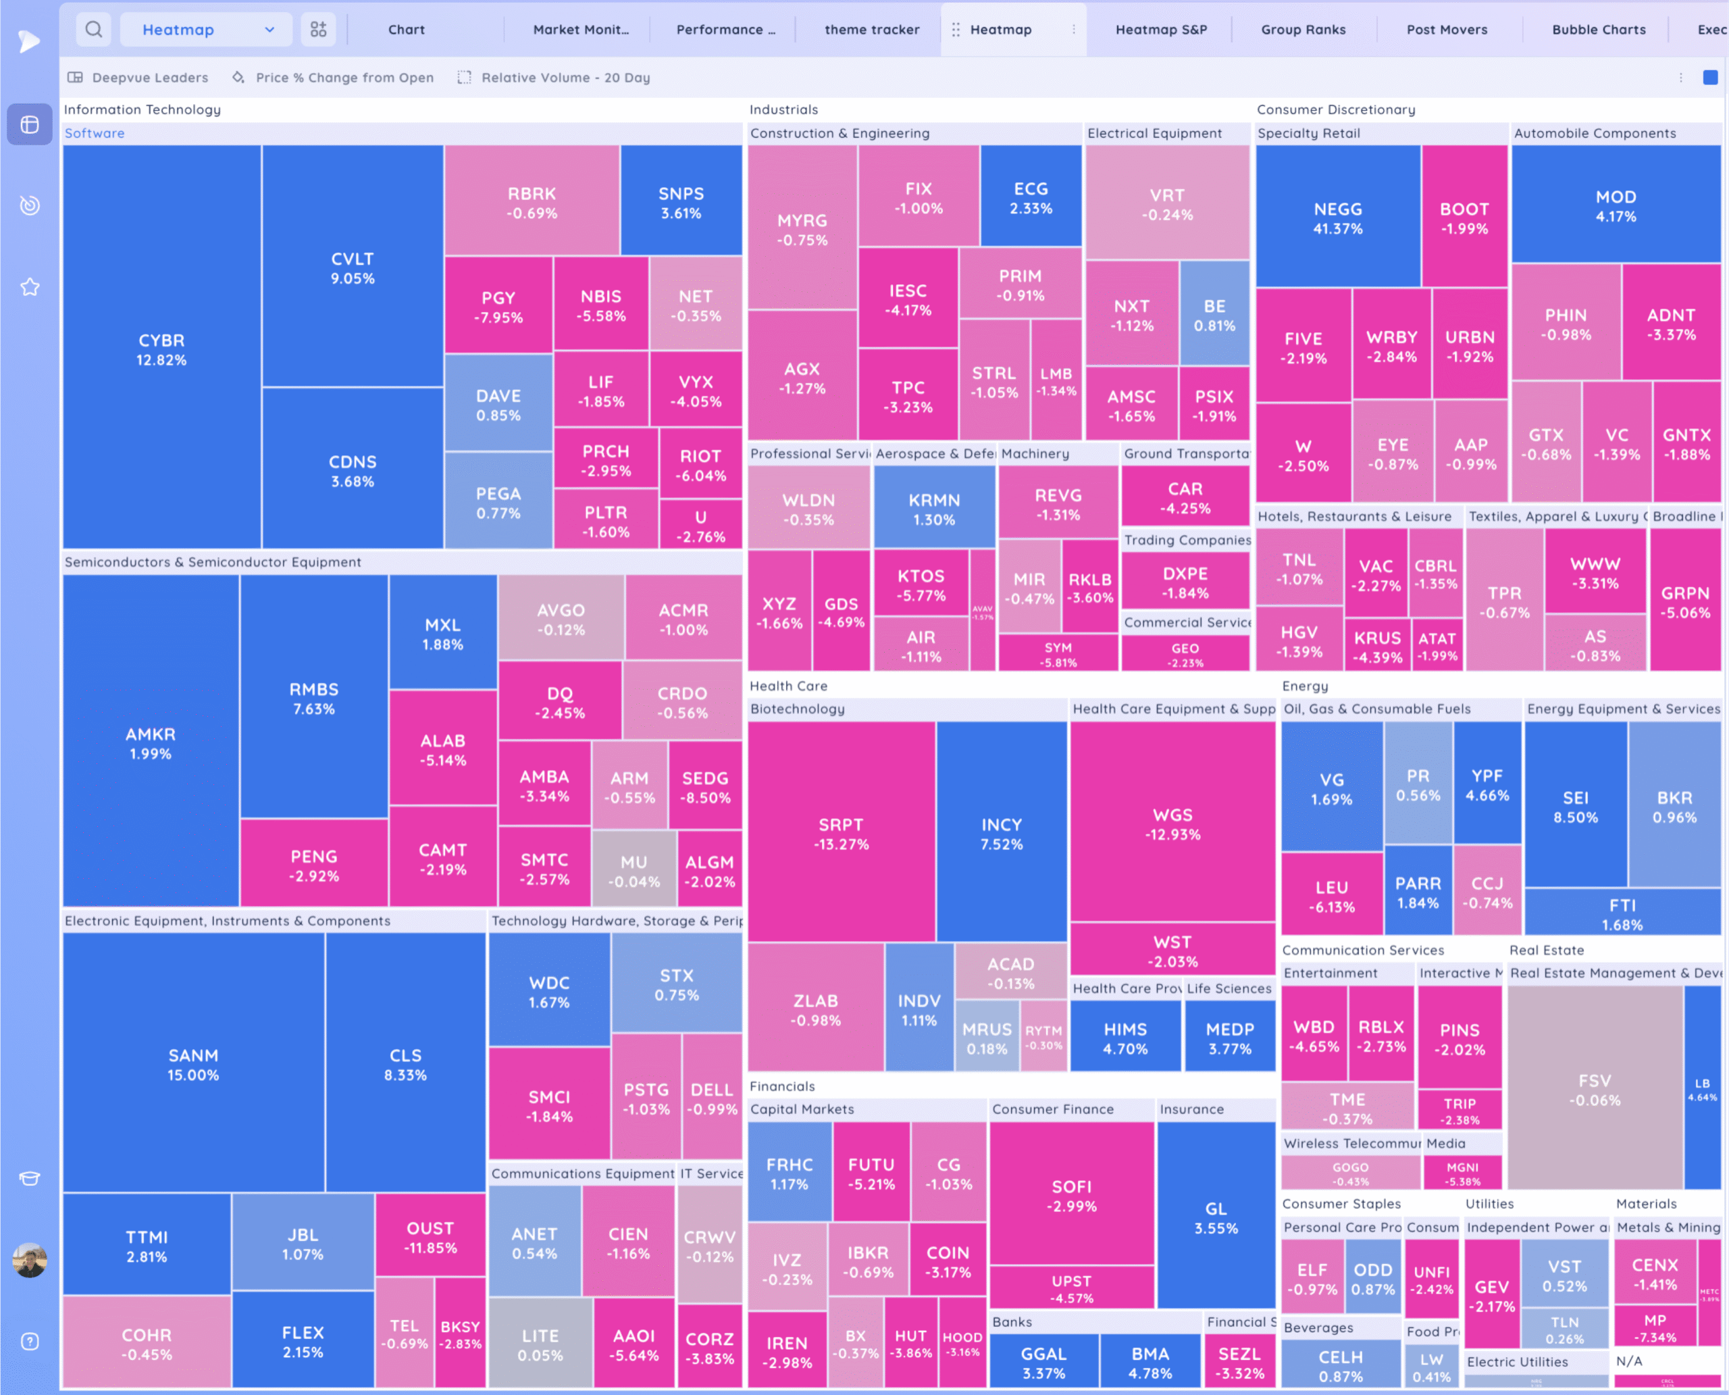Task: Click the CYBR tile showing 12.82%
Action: click(161, 349)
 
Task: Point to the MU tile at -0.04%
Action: click(634, 870)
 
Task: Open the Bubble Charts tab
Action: click(1598, 30)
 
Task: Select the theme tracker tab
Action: click(872, 30)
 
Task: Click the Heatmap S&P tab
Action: click(1161, 30)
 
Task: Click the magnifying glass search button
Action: click(94, 30)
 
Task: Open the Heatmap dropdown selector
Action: click(207, 30)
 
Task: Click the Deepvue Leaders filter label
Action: click(149, 78)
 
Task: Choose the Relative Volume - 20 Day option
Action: click(565, 78)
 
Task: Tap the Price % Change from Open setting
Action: click(344, 78)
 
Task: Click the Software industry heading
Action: click(95, 133)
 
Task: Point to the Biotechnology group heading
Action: click(797, 709)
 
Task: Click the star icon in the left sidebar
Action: click(30, 287)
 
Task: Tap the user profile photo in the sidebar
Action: click(30, 1260)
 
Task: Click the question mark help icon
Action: click(30, 1341)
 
